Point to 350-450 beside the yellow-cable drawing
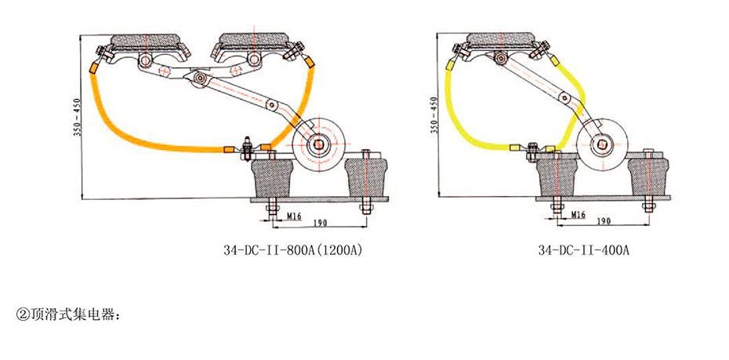[433, 118]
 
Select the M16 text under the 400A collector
[577, 214]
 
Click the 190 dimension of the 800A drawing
[321, 223]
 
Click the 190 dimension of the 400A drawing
[603, 223]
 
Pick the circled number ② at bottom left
[22, 315]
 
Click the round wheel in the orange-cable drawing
[320, 142]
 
